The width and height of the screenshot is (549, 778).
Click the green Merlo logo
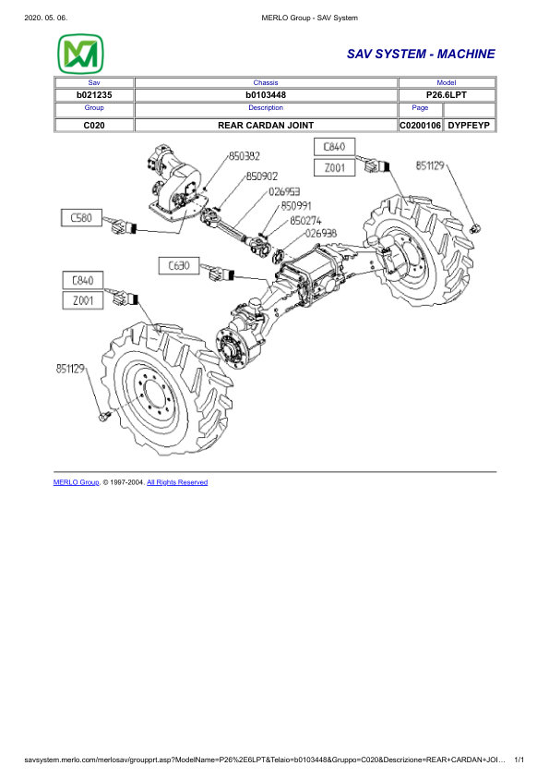(x=80, y=55)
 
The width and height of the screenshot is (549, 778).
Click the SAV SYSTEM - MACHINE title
(x=421, y=55)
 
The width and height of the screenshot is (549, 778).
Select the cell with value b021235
(x=93, y=95)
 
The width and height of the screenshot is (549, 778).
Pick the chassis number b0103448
(x=265, y=95)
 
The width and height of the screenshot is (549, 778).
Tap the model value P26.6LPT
(x=446, y=95)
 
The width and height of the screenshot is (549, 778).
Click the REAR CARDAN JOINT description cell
(x=265, y=125)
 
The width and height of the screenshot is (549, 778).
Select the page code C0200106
(x=420, y=125)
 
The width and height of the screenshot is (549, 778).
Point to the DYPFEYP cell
(x=471, y=125)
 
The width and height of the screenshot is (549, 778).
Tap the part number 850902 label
(x=262, y=175)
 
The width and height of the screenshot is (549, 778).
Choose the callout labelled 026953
(x=284, y=191)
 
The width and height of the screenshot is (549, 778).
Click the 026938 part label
(x=320, y=234)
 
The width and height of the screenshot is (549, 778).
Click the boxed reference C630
(x=179, y=265)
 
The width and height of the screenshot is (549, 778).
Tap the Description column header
(x=265, y=108)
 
